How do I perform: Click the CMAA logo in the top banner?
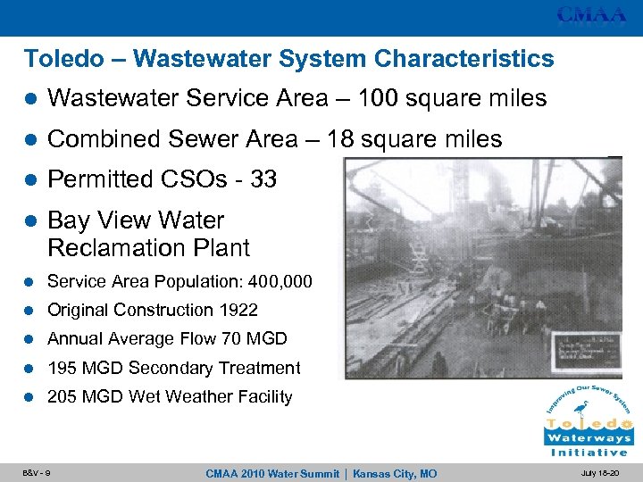click(591, 15)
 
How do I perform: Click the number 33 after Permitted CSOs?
click(263, 179)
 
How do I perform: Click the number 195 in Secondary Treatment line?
click(63, 368)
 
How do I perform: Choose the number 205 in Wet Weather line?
click(63, 396)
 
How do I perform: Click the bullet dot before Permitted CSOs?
click(29, 180)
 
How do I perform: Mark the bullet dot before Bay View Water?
click(29, 220)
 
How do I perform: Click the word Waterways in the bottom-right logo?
click(589, 438)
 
